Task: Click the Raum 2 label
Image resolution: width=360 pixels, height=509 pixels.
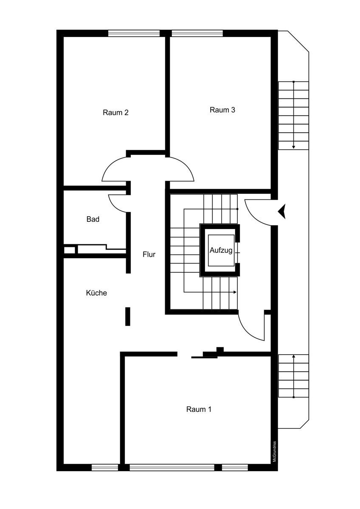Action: click(115, 113)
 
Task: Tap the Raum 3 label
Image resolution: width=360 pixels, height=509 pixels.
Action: click(222, 110)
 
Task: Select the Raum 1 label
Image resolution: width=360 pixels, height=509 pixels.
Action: click(199, 409)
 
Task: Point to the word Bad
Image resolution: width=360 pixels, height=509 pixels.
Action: click(93, 219)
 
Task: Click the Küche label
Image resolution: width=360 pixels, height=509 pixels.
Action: click(96, 293)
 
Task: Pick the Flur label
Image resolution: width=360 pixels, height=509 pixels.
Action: click(149, 255)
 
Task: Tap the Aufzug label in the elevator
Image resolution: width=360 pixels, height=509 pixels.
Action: click(221, 251)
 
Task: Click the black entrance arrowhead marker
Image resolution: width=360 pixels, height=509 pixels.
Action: click(282, 211)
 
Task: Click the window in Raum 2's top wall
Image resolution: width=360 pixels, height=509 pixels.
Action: click(134, 33)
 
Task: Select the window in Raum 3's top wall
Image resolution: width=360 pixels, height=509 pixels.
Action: click(197, 33)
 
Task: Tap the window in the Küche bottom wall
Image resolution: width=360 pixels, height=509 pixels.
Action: click(105, 467)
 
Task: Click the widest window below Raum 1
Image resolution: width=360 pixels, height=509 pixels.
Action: click(172, 467)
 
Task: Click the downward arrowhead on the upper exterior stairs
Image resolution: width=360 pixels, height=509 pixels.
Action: click(293, 147)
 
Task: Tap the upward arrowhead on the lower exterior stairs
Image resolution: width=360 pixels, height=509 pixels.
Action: click(293, 357)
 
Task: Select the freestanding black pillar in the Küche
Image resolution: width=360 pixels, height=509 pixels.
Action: click(128, 317)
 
